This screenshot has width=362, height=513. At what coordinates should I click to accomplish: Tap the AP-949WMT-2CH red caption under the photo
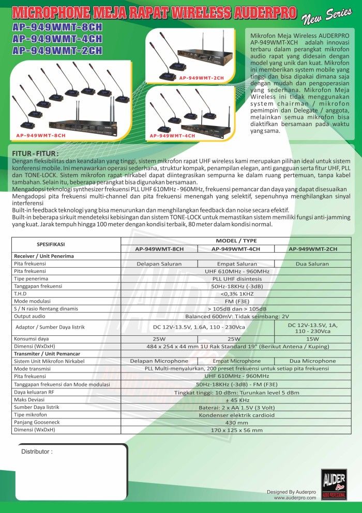coord(202,77)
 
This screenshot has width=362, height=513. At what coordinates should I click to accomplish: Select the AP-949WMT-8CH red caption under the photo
coord(41,135)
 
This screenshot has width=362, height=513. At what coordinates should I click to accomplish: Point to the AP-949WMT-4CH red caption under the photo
coord(172,135)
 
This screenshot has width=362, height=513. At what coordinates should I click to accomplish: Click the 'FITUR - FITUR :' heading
coord(35,154)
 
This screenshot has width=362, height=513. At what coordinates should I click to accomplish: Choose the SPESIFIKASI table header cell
coord(50,244)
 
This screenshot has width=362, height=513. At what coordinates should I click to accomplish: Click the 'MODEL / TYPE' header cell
coord(236,241)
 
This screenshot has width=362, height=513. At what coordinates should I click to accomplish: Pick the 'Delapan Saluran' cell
coord(159,263)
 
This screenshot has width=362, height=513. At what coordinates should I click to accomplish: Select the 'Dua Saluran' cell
coord(312,263)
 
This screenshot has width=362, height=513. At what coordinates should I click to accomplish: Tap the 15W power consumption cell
coord(312,338)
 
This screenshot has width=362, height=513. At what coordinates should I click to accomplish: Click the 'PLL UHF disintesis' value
coord(236,278)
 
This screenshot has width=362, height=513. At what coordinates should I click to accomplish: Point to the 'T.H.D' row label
coord(20,293)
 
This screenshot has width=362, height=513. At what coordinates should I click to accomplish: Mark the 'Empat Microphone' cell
coord(236,361)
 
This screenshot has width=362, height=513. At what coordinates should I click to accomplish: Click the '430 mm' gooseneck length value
coord(236,422)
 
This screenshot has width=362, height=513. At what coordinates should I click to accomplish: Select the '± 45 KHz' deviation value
coord(236,400)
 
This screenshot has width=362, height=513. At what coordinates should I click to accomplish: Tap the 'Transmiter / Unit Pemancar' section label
coord(43,353)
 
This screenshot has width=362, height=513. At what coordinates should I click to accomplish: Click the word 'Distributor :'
coord(37,452)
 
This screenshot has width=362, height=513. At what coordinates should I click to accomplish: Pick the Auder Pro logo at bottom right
coord(334,484)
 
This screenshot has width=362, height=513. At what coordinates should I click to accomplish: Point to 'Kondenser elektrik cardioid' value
coord(236,415)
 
